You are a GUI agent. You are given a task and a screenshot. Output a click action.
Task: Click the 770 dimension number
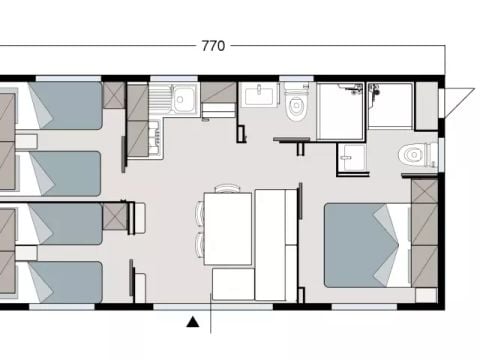[213, 45]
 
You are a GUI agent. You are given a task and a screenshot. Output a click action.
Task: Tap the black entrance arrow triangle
[192, 321]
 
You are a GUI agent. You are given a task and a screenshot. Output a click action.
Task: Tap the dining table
[228, 228]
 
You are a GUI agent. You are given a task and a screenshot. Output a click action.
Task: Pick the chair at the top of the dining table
[228, 187]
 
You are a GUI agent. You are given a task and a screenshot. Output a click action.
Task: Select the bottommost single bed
[62, 281]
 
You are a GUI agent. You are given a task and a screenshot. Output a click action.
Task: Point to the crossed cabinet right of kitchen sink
[218, 94]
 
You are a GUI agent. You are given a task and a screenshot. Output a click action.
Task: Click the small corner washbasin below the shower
[349, 155]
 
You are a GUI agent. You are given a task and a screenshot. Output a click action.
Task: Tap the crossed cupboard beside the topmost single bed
[113, 95]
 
